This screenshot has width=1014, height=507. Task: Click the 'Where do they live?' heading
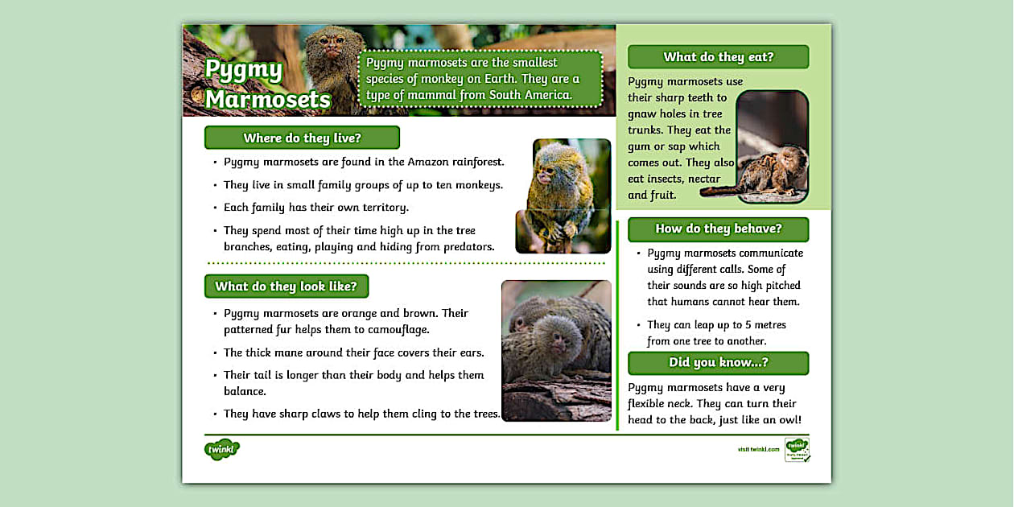302,138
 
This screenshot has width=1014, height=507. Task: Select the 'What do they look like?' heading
286,286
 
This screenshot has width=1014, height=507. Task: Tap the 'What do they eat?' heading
718,57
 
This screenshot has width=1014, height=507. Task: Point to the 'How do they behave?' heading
718,229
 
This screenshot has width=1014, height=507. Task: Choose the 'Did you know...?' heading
718,363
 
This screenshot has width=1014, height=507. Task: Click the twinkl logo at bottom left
222,450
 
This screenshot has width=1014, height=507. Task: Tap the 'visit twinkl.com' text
758,449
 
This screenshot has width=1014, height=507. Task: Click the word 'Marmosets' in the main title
268,99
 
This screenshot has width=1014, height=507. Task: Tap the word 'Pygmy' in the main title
244,70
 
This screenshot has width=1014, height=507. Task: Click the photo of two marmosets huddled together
556,350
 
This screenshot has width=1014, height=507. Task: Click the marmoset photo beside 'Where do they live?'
563,196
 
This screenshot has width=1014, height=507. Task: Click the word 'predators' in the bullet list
466,247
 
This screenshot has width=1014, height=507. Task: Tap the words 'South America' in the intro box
530,95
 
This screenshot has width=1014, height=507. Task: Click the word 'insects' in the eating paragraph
662,179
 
